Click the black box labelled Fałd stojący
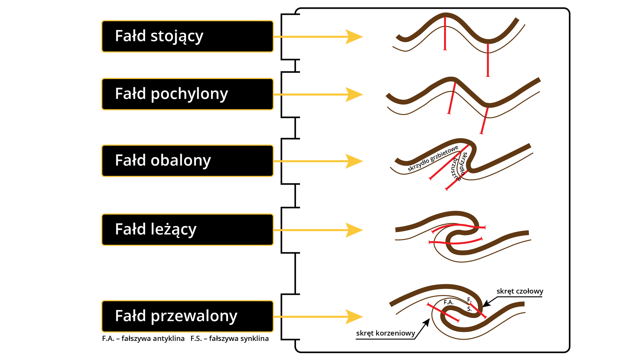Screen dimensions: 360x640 tap(187, 36)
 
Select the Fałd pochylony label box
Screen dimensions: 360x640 tap(187, 94)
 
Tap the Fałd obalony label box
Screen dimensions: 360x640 tap(187, 161)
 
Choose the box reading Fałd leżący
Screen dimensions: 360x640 tap(187, 230)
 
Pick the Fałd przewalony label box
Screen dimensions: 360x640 tap(187, 316)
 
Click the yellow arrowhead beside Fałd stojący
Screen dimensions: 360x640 tap(354, 37)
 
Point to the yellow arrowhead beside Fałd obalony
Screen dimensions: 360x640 tap(354, 161)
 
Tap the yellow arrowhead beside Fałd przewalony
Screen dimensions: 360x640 tap(354, 317)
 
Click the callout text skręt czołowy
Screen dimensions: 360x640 tap(520, 291)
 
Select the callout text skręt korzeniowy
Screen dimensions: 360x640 tap(385, 333)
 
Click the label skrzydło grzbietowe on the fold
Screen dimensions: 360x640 tap(433, 158)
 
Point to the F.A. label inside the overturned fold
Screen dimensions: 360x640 tap(448, 302)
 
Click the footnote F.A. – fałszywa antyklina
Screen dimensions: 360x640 tap(143, 339)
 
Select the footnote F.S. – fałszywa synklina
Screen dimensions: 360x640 tap(230, 339)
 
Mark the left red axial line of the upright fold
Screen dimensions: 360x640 tap(445, 33)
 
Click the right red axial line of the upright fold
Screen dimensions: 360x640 tap(488, 60)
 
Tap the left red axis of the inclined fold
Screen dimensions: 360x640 tap(452, 98)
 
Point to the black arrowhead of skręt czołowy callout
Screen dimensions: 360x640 tap(486, 304)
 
